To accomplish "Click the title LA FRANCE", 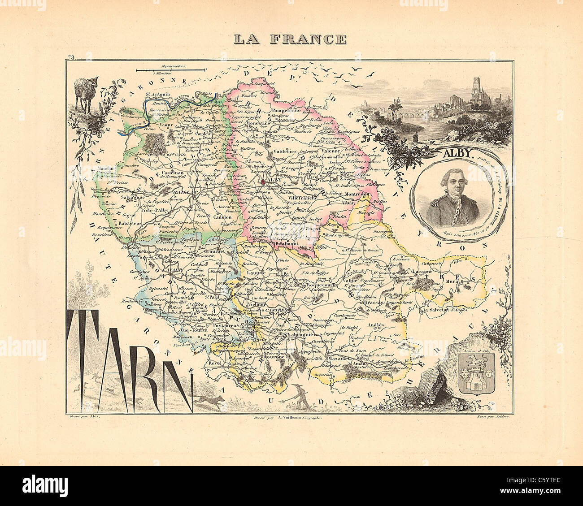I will pos(291,39).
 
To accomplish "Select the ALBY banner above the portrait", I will pos(459,152).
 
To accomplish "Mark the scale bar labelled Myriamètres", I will pos(170,70).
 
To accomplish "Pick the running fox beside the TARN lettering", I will pos(209,400).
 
